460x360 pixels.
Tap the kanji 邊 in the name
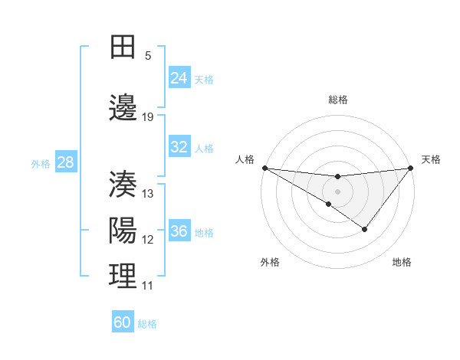pyautogui.click(x=123, y=108)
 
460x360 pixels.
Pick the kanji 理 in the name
pyautogui.click(x=123, y=276)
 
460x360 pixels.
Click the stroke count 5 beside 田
pyautogui.click(x=148, y=56)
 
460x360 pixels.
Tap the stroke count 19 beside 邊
pyautogui.click(x=148, y=117)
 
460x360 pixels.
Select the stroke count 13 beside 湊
pyautogui.click(x=148, y=194)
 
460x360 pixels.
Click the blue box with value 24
pyautogui.click(x=179, y=78)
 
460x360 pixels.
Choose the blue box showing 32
pyautogui.click(x=179, y=147)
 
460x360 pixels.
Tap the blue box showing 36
pyautogui.click(x=179, y=231)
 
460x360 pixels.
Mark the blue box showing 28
pyautogui.click(x=65, y=162)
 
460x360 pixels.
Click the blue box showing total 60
pyautogui.click(x=123, y=322)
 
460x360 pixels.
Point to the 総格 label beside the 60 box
pyautogui.click(x=147, y=324)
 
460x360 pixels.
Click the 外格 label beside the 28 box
pyautogui.click(x=41, y=164)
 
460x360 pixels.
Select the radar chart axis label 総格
pyautogui.click(x=337, y=100)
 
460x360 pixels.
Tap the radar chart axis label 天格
pyautogui.click(x=432, y=159)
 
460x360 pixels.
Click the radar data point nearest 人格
pyautogui.click(x=264, y=167)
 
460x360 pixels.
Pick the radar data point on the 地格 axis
pyautogui.click(x=365, y=229)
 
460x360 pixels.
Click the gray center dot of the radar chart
pyautogui.click(x=337, y=191)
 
